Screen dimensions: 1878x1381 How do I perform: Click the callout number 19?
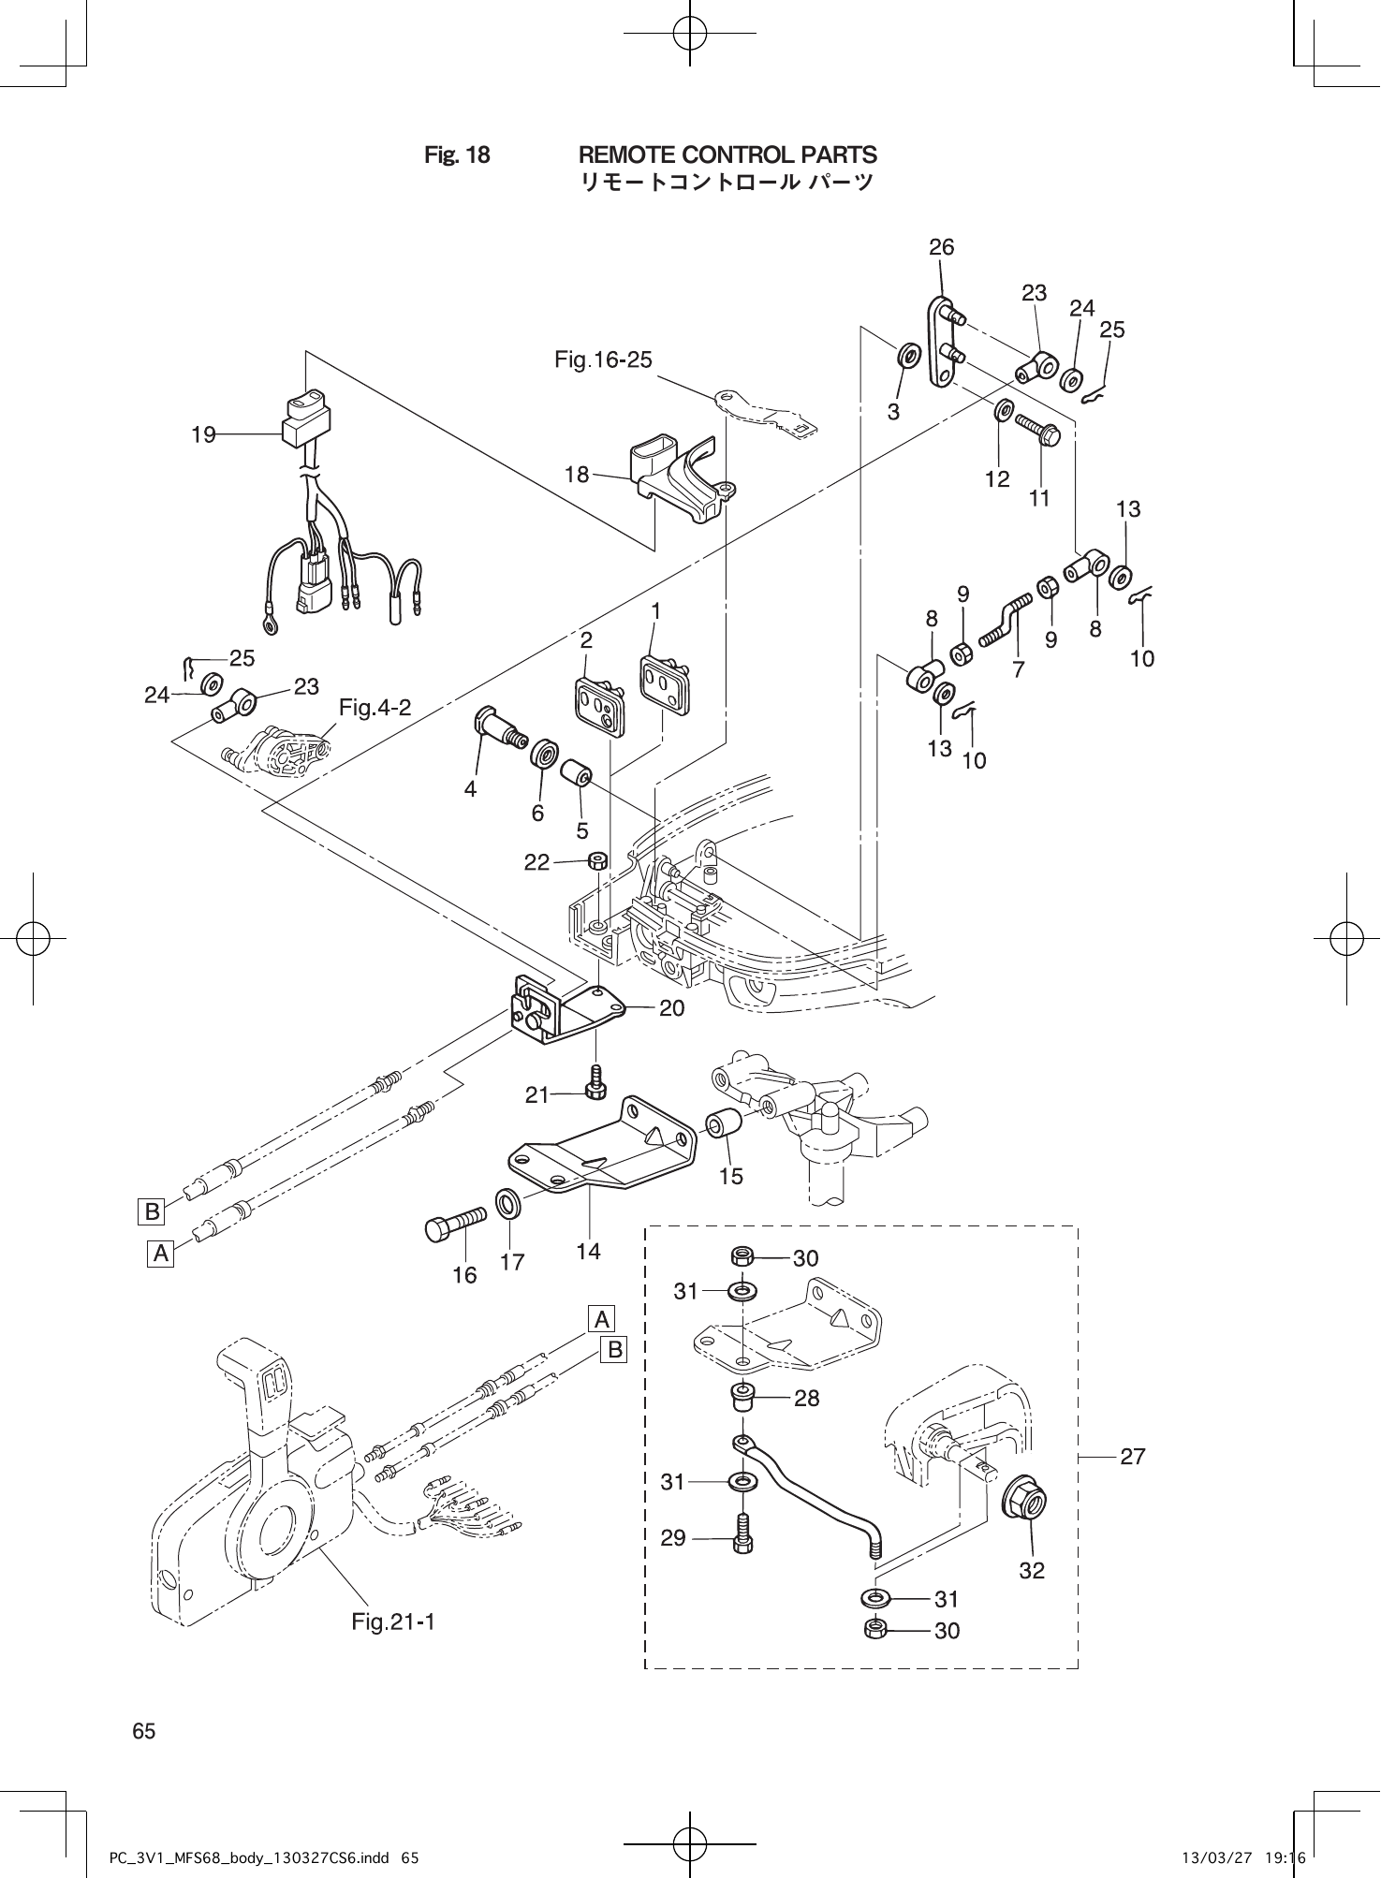(203, 434)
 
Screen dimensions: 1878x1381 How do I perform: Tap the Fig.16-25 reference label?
(603, 359)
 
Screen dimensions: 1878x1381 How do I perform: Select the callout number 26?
(941, 247)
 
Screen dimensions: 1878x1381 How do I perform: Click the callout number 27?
(1132, 1457)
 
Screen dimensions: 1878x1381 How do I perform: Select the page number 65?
(144, 1731)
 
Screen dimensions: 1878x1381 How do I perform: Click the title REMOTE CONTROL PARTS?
(727, 154)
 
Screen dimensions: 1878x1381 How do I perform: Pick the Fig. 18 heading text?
(457, 155)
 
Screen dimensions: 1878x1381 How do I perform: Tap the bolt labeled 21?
(595, 1082)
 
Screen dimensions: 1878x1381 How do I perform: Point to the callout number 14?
(588, 1251)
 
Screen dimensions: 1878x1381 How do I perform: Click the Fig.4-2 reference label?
(375, 708)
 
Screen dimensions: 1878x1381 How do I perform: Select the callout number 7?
(1018, 669)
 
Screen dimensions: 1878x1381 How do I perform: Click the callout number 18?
(577, 475)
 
